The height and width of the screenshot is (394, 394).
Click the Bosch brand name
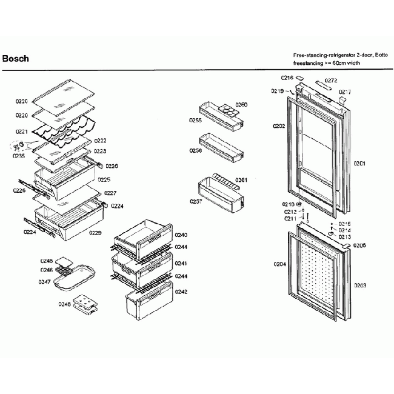click(16, 59)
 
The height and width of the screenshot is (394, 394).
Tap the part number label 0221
click(21, 131)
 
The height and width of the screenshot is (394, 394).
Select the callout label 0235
click(19, 155)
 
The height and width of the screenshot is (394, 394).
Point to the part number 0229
click(95, 233)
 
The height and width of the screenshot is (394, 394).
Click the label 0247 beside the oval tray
click(44, 282)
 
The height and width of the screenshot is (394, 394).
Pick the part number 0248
click(64, 304)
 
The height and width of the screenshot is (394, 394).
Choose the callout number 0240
click(181, 235)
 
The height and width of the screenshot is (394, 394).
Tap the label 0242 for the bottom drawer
click(181, 292)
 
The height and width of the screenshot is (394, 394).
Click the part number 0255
click(195, 121)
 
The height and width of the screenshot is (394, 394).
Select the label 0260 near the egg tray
click(241, 105)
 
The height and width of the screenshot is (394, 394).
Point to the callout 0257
click(195, 201)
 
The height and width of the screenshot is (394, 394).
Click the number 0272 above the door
click(330, 81)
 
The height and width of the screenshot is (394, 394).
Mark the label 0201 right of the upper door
click(360, 163)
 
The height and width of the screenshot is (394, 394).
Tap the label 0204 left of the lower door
click(279, 264)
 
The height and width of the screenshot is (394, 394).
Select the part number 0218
click(288, 204)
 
